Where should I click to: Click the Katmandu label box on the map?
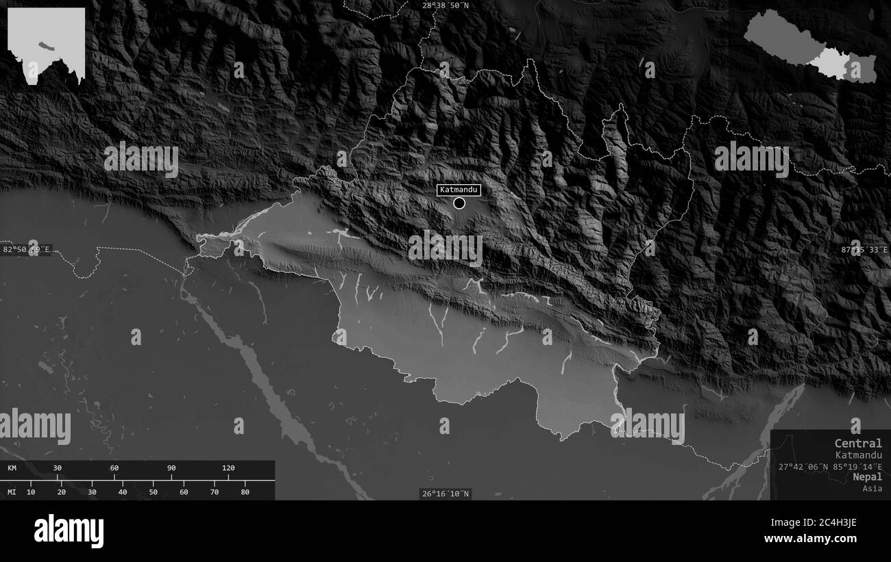(459, 189)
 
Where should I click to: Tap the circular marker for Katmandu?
(459, 203)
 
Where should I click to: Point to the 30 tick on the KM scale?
(58, 468)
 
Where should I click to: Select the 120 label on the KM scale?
(228, 468)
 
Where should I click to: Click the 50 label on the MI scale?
(153, 491)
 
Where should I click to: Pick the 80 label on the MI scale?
(245, 491)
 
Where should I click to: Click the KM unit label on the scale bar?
(12, 468)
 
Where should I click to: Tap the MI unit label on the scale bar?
(12, 491)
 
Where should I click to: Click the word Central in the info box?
(858, 443)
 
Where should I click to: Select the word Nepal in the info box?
(868, 476)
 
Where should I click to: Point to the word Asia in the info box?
(872, 488)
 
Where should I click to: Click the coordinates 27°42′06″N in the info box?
(803, 467)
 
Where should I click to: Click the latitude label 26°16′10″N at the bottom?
(445, 494)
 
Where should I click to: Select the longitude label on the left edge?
(26, 249)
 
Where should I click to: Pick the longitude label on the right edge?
(865, 250)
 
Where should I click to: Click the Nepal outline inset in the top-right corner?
(810, 45)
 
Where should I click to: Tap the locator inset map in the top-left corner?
(47, 45)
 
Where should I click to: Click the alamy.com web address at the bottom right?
(815, 538)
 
